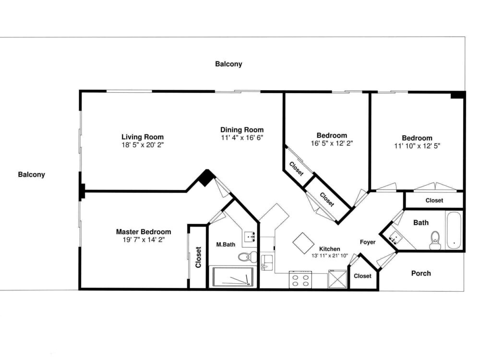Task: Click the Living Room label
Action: (x=143, y=137)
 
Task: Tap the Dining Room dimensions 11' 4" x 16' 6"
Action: (x=242, y=138)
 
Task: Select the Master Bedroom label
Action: (x=143, y=232)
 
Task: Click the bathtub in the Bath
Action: (x=454, y=230)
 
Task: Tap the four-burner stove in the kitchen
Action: (x=300, y=279)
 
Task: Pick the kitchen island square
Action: (x=303, y=243)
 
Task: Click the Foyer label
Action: (x=368, y=242)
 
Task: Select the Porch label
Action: (x=421, y=274)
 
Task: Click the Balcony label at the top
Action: (x=228, y=64)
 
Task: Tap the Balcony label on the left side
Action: (x=31, y=175)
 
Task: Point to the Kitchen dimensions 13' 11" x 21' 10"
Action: (x=330, y=256)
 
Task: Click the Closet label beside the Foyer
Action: (x=362, y=276)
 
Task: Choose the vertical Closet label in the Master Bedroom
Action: (x=198, y=257)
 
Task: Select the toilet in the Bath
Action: (x=435, y=240)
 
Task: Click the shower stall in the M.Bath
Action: (x=233, y=277)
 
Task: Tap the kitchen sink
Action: (x=267, y=262)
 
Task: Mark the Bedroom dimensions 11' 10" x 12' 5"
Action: (x=417, y=146)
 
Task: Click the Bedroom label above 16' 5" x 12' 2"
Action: (x=332, y=135)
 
